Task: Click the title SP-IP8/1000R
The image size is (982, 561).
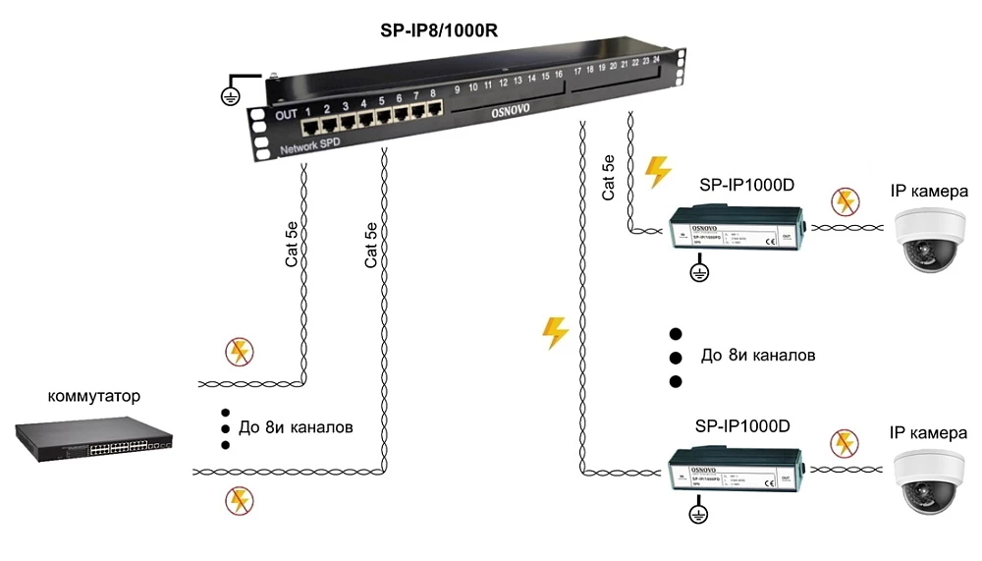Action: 439,30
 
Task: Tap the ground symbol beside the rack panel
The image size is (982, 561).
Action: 231,95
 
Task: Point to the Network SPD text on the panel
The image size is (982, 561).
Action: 312,149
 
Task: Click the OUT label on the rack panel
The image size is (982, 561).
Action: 286,115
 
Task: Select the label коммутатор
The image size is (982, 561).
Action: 94,397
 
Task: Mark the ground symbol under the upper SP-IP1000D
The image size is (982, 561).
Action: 698,270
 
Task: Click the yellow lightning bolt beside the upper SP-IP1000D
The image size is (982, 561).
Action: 657,172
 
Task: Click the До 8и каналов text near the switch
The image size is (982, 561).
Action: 296,428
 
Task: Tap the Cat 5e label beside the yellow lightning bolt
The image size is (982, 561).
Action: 609,177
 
